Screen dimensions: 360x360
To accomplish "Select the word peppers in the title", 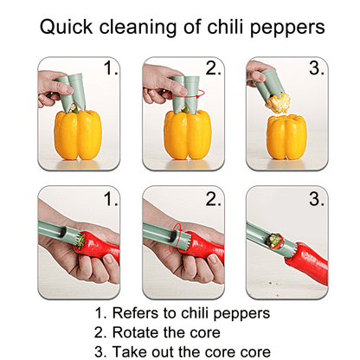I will click(x=286, y=28).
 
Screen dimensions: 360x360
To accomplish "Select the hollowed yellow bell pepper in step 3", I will click(x=286, y=136).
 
